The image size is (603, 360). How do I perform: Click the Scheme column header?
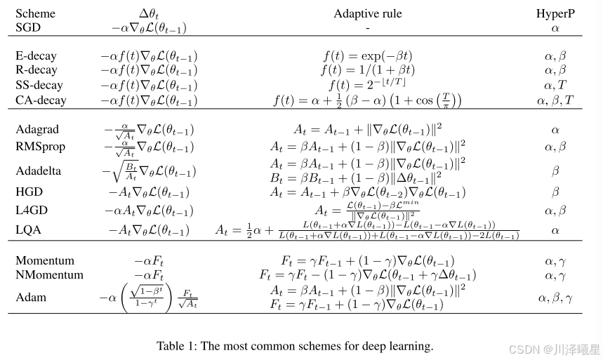point(35,13)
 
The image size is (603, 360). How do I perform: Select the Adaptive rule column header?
point(367,13)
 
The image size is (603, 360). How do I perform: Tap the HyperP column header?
point(555,13)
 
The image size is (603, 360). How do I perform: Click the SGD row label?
point(29,27)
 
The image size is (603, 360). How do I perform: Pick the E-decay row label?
point(36,55)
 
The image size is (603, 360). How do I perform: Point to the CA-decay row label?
point(41,100)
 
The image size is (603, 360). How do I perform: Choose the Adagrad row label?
point(37,129)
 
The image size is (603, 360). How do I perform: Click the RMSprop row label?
point(39,146)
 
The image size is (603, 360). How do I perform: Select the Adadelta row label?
point(39,171)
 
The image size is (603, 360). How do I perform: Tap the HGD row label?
point(29,191)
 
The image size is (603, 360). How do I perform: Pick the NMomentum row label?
point(49,274)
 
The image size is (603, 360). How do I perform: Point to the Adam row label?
point(31,297)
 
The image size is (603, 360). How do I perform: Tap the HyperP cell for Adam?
point(555,298)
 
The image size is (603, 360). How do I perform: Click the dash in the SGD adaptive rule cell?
point(367,28)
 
